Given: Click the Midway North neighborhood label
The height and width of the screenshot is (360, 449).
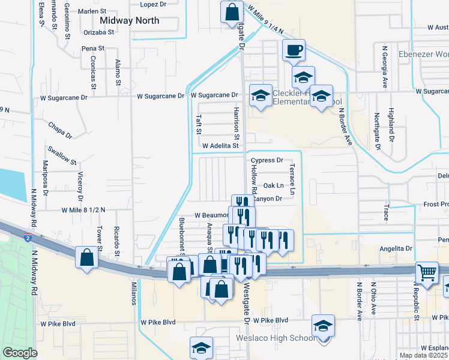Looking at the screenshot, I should coord(130,20).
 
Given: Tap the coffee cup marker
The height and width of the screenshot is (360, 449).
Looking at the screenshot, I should coord(294,50).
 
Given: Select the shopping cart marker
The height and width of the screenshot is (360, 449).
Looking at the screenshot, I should coord(426,274).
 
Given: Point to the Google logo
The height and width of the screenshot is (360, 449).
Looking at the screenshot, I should coord(20,353).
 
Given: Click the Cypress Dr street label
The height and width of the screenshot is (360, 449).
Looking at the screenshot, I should coord(267,160).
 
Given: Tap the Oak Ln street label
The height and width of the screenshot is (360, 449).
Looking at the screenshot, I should coord(273,185).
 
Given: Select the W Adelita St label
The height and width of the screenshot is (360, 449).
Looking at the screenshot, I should coord(221,146).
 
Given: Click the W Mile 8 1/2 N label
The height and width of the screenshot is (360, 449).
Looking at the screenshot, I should coord(83,210).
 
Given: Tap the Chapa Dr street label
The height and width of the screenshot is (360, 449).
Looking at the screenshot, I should coord(61,131).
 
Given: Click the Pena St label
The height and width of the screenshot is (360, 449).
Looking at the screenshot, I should coord(93,48).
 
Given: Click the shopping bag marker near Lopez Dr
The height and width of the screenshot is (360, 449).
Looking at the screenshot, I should coord(231,11).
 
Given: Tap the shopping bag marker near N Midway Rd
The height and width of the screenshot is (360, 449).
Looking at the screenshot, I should coord(87,258).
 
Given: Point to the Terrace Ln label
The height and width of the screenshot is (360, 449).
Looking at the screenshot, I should coord(292,179).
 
